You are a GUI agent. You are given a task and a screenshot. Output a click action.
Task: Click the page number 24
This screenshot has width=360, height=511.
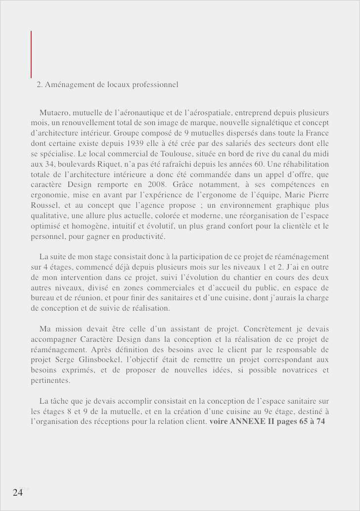[18, 492]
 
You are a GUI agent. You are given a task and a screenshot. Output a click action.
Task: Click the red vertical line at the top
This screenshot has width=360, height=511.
[31, 54]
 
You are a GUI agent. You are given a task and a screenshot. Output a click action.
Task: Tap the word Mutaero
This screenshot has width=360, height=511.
[55, 113]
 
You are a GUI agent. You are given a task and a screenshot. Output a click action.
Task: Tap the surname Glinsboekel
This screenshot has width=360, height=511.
[103, 360]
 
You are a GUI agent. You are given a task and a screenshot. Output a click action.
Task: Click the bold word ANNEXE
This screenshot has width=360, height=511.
[248, 422]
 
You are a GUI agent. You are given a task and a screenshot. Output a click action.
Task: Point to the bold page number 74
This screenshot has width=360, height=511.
[320, 422]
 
